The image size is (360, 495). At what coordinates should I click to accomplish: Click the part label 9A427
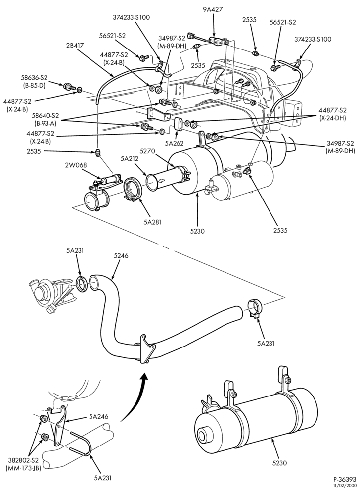213,9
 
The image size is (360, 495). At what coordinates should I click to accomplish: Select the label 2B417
75,45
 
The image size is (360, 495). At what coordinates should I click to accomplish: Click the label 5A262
175,143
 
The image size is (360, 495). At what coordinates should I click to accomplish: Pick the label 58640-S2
47,115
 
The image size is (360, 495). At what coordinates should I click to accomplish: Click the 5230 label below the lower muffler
279,463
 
